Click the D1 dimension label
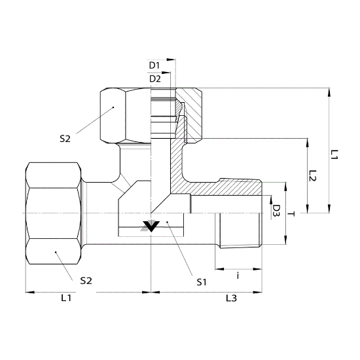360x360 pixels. point(154,65)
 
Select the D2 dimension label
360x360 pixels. point(155,79)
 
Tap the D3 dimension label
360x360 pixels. point(277,211)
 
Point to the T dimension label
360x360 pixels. point(291,214)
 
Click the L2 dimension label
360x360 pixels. point(312,175)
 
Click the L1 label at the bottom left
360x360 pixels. point(66,298)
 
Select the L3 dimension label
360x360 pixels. point(231,298)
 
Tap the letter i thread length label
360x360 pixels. point(238,276)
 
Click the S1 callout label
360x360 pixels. point(202,282)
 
